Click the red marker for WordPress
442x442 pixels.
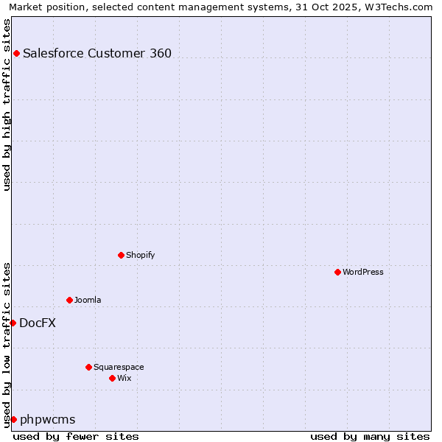pyautogui.click(x=337, y=272)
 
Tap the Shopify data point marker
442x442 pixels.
pyautogui.click(x=121, y=255)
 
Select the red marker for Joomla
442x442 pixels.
pyautogui.click(x=69, y=300)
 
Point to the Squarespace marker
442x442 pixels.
pyautogui.click(x=88, y=367)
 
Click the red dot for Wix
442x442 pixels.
pyautogui.click(x=112, y=378)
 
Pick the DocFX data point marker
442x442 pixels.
pyautogui.click(x=13, y=323)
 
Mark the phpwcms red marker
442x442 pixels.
pyautogui.click(x=13, y=419)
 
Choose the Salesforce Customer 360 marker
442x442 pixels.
pyautogui.click(x=16, y=53)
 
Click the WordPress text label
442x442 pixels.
pyautogui.click(x=363, y=272)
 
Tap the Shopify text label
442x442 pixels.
pyautogui.click(x=140, y=255)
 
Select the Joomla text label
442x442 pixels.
pyautogui.click(x=88, y=300)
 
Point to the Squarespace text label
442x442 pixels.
pyautogui.click(x=119, y=367)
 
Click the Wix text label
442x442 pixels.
pyautogui.click(x=124, y=378)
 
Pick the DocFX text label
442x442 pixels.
pyautogui.click(x=38, y=323)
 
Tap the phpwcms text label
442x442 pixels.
pyautogui.click(x=48, y=419)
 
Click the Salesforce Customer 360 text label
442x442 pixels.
pyautogui.click(x=97, y=53)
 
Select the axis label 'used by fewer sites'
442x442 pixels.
pyautogui.click(x=76, y=436)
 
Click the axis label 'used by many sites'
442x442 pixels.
pyautogui.click(x=370, y=436)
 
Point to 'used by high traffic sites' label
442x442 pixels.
pyautogui.click(x=7, y=105)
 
